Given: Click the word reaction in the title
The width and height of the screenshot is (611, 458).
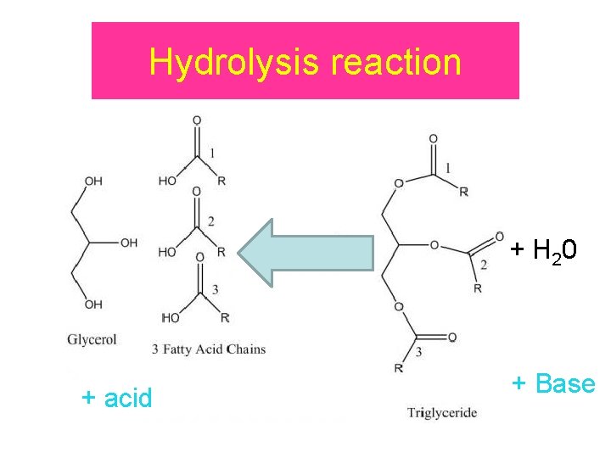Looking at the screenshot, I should (x=396, y=62).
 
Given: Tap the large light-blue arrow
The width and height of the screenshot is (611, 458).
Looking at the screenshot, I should (x=305, y=252).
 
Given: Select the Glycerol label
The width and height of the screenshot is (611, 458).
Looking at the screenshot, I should (x=92, y=339).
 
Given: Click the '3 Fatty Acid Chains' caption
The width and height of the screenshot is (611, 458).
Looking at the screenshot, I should (x=209, y=348).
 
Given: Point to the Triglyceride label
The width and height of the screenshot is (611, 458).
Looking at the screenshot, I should (x=442, y=413).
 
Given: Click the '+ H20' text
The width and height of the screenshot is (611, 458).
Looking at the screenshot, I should (x=544, y=250).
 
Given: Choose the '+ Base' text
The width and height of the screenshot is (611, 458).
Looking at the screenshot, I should (x=553, y=383).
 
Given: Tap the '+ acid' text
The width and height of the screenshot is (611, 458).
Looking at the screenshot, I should (x=117, y=397).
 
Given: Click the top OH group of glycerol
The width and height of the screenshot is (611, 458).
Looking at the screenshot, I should (x=93, y=181).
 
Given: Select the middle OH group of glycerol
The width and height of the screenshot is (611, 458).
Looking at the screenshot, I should (x=129, y=243).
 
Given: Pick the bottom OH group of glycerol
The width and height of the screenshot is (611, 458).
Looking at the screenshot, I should (x=93, y=304).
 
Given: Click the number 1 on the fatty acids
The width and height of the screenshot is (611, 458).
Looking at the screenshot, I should (x=212, y=153).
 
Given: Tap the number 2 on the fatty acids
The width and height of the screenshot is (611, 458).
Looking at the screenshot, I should (x=210, y=222).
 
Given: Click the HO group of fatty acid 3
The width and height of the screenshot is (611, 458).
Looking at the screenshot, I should (x=171, y=318).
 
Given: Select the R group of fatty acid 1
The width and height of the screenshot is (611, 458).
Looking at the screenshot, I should (x=221, y=182).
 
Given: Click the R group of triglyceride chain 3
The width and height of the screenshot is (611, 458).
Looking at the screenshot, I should (x=399, y=367).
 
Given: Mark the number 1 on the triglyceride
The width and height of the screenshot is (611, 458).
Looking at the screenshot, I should (x=448, y=167).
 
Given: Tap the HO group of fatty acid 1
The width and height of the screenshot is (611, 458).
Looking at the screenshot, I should (x=167, y=182).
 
